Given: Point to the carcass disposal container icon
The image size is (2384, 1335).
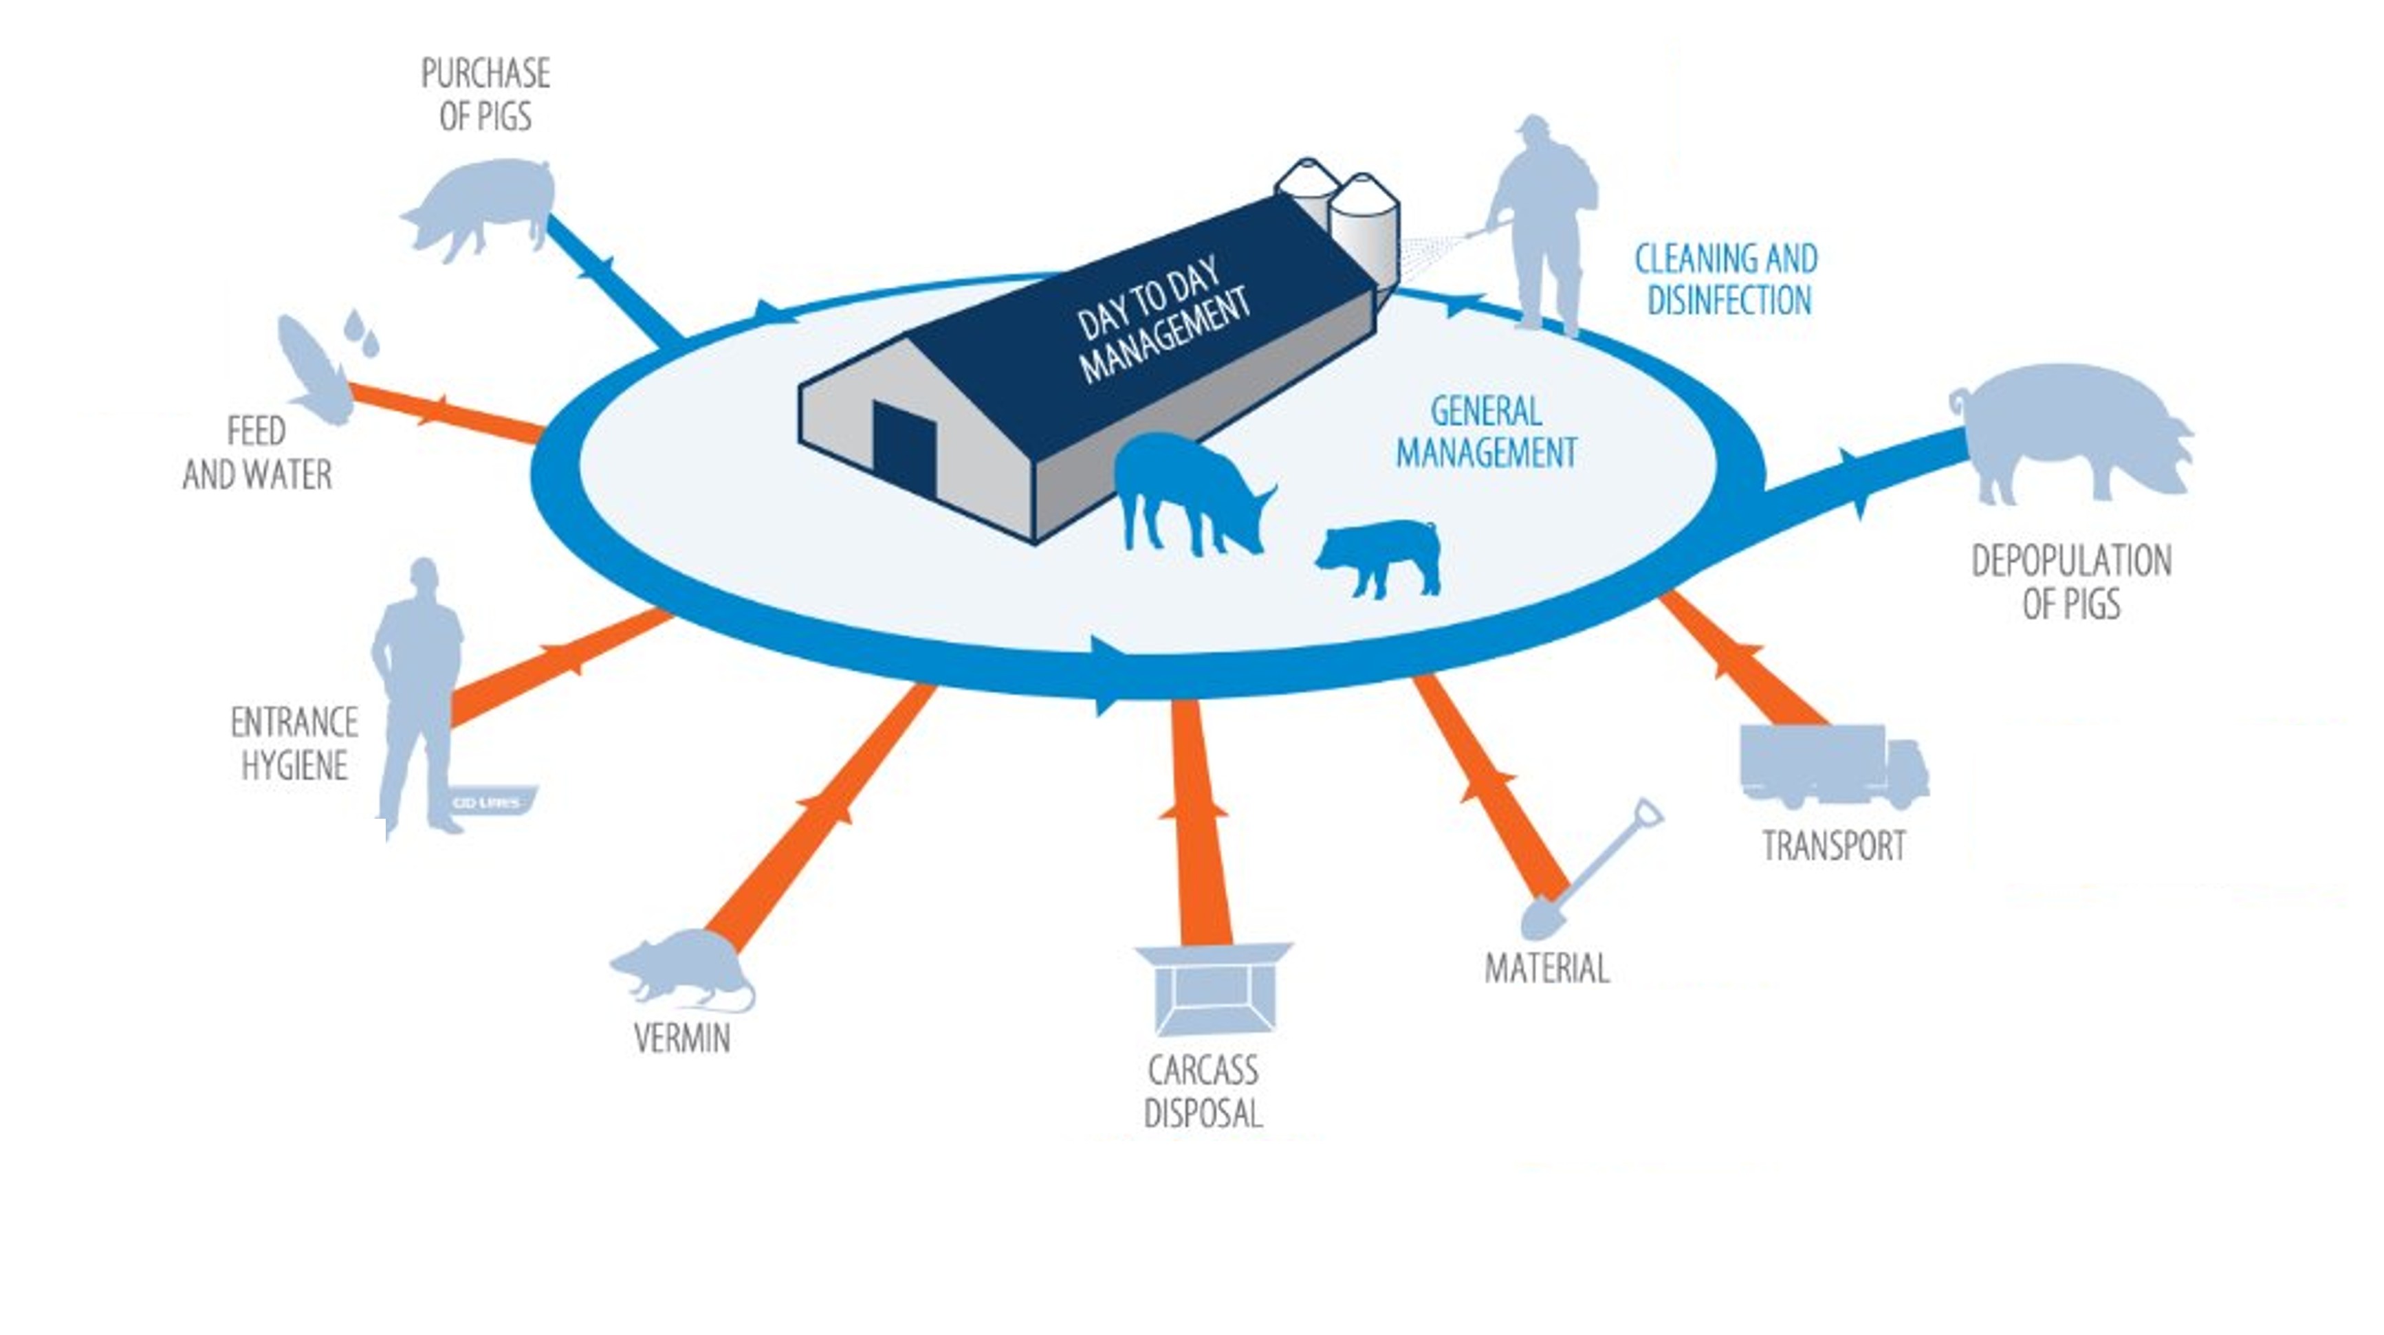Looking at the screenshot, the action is click(x=1213, y=988).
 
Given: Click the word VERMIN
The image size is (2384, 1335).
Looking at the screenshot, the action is click(x=682, y=1038).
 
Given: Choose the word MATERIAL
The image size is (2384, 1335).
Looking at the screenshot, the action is click(x=1546, y=969).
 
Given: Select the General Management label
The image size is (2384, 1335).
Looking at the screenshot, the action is click(x=1486, y=432).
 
